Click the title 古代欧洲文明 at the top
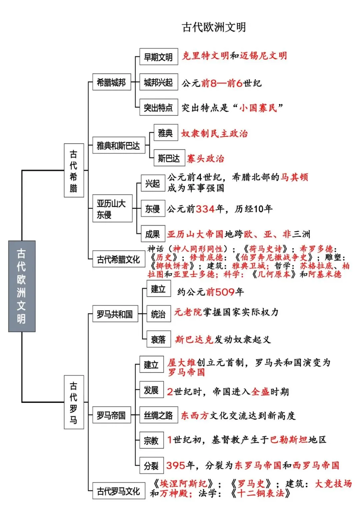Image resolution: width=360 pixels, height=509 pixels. (214, 27)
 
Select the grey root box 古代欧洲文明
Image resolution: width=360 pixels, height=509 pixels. (22, 286)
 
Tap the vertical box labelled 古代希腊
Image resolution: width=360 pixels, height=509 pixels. (74, 170)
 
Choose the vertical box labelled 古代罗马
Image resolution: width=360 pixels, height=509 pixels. (74, 402)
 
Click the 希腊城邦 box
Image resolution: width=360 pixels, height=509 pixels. (112, 82)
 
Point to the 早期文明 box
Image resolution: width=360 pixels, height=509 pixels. (159, 57)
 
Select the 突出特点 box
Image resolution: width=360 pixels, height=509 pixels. (159, 107)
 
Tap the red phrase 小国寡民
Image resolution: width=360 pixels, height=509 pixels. (258, 108)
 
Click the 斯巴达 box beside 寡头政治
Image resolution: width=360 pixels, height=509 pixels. (169, 158)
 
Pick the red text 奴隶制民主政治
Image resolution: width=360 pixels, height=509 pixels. (214, 133)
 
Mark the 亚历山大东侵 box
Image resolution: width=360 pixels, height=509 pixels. (112, 208)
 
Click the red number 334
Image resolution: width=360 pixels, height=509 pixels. (205, 209)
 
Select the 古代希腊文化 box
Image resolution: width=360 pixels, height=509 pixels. (119, 259)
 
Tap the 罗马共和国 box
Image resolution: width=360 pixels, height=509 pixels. (115, 314)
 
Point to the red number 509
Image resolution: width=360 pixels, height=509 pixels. (225, 292)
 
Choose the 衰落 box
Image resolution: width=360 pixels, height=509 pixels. (159, 339)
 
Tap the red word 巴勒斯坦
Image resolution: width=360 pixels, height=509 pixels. (289, 440)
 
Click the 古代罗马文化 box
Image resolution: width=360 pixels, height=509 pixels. (119, 491)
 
